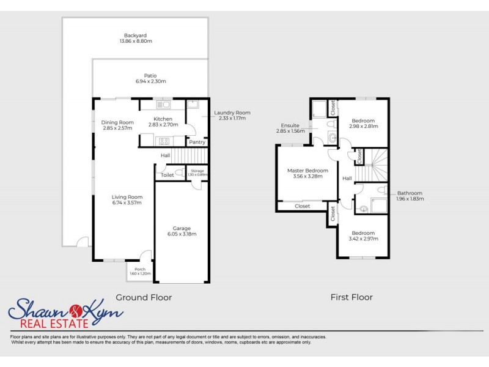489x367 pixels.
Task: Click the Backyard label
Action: click(135, 35)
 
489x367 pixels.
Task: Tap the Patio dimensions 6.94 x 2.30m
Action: click(150, 81)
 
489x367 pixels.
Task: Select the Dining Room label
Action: click(117, 122)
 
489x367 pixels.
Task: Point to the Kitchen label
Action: click(163, 119)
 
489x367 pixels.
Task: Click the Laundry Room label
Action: click(232, 113)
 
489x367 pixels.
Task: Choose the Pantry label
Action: click(197, 143)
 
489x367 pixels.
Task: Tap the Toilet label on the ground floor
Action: click(167, 175)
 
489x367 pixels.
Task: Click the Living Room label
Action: click(127, 197)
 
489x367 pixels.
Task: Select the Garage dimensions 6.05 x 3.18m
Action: click(182, 234)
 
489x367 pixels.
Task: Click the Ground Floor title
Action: click(144, 297)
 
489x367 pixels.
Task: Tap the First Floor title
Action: click(351, 297)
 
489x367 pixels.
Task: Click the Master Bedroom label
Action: click(307, 171)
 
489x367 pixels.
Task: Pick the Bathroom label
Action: click(409, 193)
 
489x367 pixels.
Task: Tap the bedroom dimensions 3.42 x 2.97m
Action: click(363, 239)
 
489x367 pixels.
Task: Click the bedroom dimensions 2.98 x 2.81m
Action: click(363, 127)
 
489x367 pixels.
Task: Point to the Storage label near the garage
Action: click(197, 171)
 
